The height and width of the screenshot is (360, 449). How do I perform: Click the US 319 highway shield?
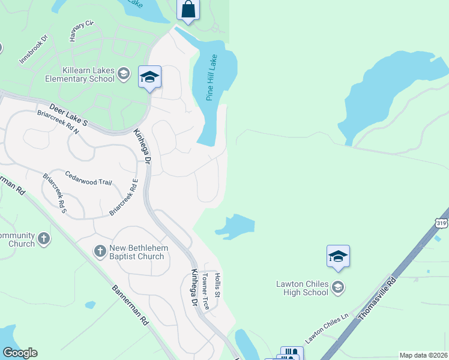tap(442, 223)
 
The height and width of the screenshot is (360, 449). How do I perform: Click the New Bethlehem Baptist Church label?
tap(137, 252)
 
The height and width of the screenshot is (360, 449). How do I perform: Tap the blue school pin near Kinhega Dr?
tap(149, 77)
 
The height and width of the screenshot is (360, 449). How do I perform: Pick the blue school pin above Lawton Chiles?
tap(338, 256)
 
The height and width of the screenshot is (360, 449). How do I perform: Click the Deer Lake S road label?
tap(68, 114)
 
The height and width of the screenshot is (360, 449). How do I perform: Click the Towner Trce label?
tap(205, 290)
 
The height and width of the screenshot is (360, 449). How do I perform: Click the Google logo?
tap(20, 353)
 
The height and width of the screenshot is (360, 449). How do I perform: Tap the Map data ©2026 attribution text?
tap(423, 355)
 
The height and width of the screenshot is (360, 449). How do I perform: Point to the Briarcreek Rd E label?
tap(124, 198)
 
